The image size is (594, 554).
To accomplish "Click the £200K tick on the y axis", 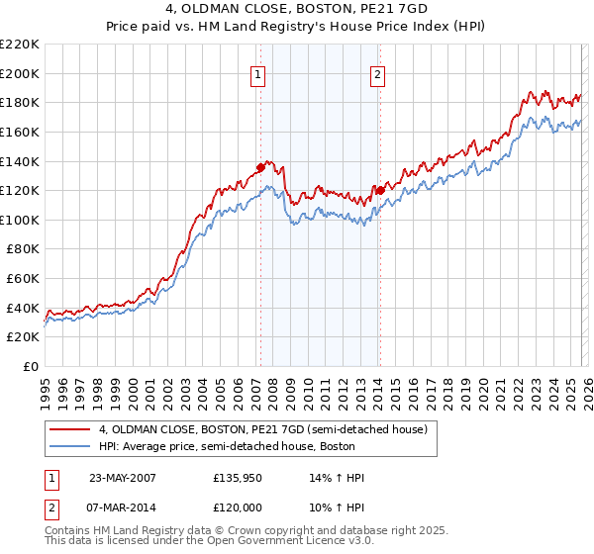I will pos(20,73).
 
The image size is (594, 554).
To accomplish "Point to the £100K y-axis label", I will pos(20,220).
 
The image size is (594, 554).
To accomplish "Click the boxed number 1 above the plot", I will pos(258,73).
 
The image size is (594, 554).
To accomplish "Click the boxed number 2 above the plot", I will pos(378,73).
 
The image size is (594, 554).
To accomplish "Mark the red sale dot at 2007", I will pos(260,167).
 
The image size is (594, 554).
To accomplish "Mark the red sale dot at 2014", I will pos(379,190).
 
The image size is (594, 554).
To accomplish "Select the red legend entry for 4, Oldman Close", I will pos(262,429).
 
